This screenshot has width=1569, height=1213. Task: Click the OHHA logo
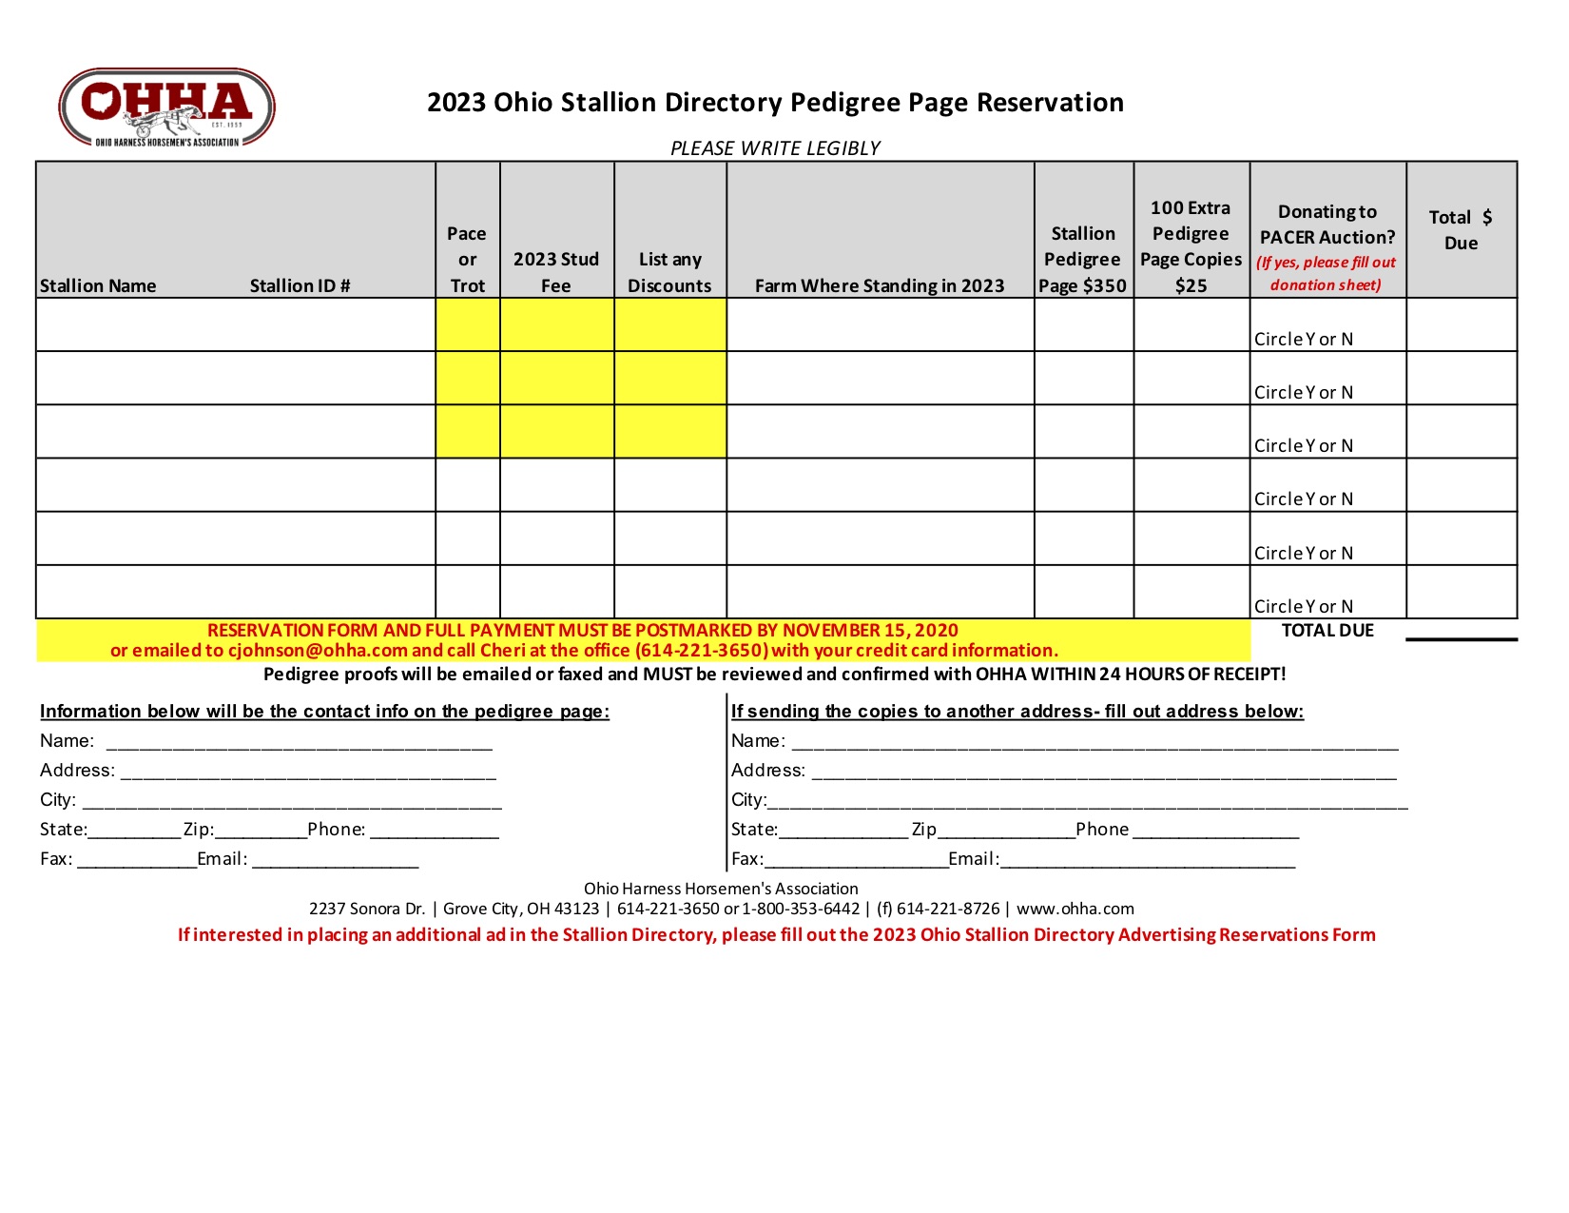point(166,107)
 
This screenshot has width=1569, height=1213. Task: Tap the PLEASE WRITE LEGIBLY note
point(775,148)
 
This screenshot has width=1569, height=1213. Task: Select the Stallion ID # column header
point(300,285)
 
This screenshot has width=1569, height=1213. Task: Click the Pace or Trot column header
point(467,260)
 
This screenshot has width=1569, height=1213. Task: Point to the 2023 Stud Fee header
point(556,272)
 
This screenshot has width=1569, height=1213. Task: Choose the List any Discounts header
point(669,272)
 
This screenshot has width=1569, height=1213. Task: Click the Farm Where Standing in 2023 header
point(880,285)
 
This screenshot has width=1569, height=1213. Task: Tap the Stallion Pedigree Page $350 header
point(1082,260)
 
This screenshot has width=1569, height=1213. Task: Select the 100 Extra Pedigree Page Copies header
point(1191,246)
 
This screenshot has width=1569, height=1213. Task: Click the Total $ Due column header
point(1461,230)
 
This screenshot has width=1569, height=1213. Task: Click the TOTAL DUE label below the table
point(1327,630)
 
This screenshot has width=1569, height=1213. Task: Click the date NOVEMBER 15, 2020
point(870,630)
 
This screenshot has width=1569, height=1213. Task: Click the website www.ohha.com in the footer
point(1075,909)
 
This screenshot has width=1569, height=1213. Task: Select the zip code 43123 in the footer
point(576,909)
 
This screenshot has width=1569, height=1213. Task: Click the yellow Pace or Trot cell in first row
point(467,324)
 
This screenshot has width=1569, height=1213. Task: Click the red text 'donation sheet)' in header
point(1326,284)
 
